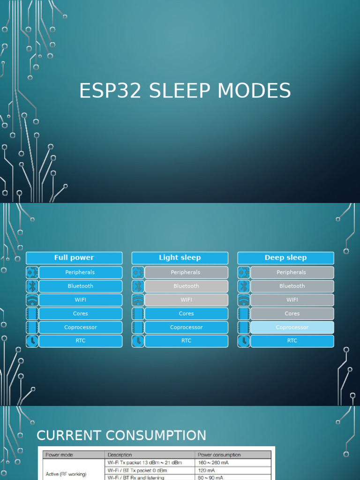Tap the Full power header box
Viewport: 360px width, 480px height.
point(74,258)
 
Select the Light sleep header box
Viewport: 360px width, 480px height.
point(180,258)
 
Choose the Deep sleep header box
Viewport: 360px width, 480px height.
point(285,258)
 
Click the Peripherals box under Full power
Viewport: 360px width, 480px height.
point(80,272)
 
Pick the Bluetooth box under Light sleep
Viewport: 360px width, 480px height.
point(186,286)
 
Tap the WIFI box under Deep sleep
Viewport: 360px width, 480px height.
point(292,300)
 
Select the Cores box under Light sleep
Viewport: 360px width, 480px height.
point(186,314)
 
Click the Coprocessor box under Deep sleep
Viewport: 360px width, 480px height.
point(292,327)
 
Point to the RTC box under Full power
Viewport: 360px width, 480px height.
point(80,341)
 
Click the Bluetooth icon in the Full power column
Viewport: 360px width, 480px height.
point(32,286)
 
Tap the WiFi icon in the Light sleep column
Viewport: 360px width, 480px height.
point(138,300)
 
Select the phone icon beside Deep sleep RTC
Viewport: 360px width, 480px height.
point(244,341)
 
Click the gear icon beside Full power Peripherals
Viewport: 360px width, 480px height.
point(32,272)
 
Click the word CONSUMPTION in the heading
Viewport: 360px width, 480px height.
point(156,435)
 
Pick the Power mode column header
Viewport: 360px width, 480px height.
point(60,455)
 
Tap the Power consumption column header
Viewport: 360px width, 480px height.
point(219,455)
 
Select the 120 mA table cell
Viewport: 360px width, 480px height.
point(207,470)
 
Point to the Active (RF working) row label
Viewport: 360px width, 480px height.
point(66,474)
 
